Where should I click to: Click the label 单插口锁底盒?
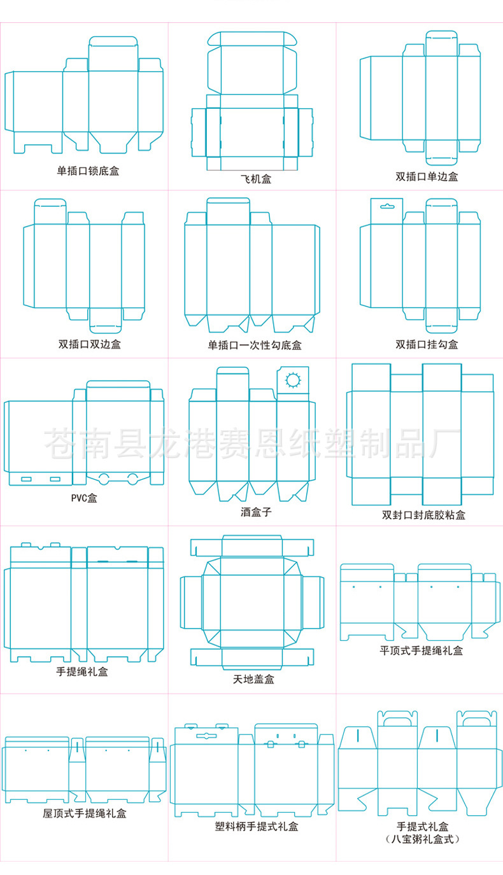[x=88, y=171]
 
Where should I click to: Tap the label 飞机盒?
[x=256, y=179]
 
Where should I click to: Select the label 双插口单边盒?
[x=427, y=176]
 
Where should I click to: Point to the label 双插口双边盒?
[x=89, y=344]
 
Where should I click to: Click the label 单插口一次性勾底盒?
[x=255, y=345]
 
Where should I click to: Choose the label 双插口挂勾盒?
[x=427, y=344]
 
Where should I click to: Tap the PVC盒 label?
[x=84, y=498]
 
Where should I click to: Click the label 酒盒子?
[x=256, y=511]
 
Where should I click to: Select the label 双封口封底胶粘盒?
[x=423, y=514]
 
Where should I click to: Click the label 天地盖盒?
[x=253, y=679]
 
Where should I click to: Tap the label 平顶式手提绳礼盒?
[x=422, y=650]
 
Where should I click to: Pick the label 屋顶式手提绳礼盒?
[x=84, y=813]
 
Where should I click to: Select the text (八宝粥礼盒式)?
[x=422, y=839]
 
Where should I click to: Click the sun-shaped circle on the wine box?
[x=293, y=380]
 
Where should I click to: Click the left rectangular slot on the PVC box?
[x=27, y=479]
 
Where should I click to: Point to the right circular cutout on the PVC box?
[x=133, y=477]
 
